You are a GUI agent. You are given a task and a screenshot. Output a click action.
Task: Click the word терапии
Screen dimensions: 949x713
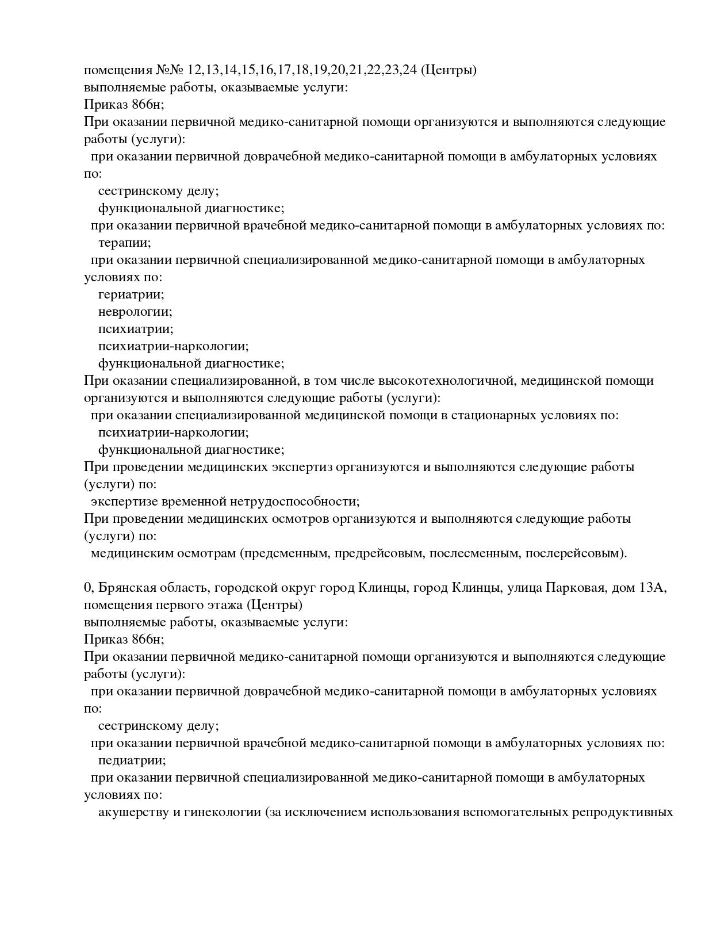pyautogui.click(x=124, y=243)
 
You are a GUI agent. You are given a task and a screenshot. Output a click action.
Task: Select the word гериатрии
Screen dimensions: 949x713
pyautogui.click(x=131, y=294)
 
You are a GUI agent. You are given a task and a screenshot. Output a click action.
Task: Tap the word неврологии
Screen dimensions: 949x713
pyautogui.click(x=135, y=312)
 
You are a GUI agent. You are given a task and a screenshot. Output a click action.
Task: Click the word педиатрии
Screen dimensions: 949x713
pyautogui.click(x=132, y=760)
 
